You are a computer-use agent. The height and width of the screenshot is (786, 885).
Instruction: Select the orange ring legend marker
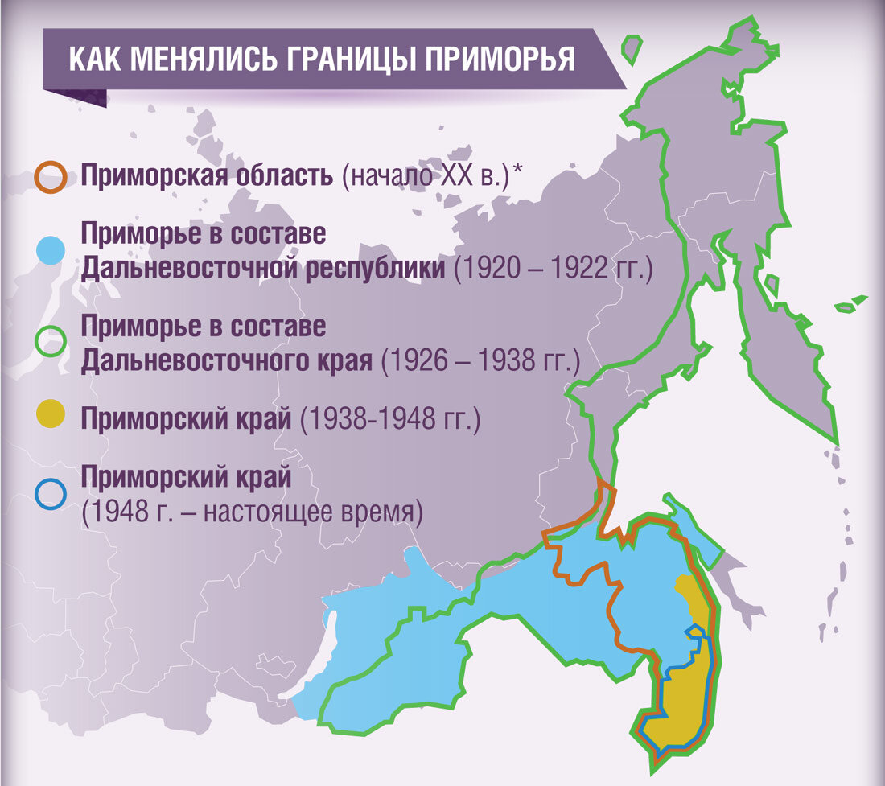(x=51, y=179)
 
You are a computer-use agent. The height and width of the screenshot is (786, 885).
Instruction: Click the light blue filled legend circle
(x=51, y=251)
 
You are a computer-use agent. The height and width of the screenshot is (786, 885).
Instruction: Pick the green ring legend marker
(x=51, y=342)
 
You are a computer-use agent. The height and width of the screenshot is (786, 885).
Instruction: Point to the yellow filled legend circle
(x=51, y=418)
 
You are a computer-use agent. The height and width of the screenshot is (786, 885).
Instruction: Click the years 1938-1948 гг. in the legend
(x=389, y=420)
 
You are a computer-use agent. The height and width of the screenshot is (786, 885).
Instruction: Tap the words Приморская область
(x=206, y=176)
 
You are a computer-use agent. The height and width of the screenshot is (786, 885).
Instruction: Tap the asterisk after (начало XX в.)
(x=517, y=171)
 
